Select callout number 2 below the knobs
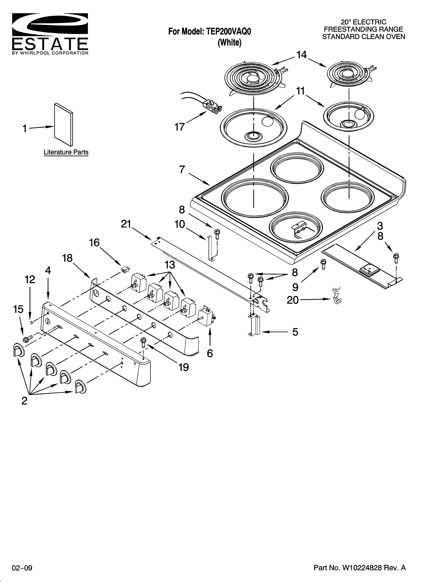(24, 401)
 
